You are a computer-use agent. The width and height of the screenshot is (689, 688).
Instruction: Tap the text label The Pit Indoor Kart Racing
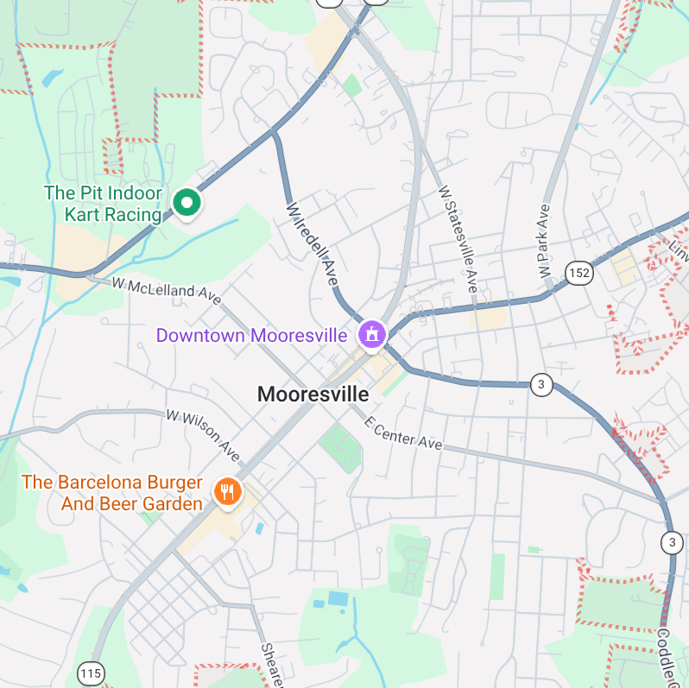(103, 204)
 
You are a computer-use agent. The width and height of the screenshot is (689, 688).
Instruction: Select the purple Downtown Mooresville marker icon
(372, 333)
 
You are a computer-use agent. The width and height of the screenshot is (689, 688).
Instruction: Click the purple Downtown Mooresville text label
(251, 335)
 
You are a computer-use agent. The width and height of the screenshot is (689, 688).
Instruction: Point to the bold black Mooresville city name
(313, 394)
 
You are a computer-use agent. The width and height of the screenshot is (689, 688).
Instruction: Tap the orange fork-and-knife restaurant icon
(228, 492)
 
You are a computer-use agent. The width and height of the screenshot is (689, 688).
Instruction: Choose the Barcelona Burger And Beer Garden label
(112, 493)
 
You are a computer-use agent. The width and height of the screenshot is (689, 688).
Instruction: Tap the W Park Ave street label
(545, 240)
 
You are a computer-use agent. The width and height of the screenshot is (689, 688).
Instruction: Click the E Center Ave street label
(402, 432)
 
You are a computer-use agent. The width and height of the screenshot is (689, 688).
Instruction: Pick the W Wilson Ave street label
(203, 435)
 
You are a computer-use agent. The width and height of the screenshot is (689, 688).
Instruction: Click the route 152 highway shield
(579, 274)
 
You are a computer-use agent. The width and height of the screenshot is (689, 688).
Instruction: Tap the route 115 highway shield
(90, 672)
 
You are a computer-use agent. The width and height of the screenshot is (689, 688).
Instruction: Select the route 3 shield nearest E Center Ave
(540, 385)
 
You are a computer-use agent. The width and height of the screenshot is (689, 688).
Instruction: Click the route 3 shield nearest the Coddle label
(672, 542)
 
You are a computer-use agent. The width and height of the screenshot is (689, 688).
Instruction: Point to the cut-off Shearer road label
(273, 666)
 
